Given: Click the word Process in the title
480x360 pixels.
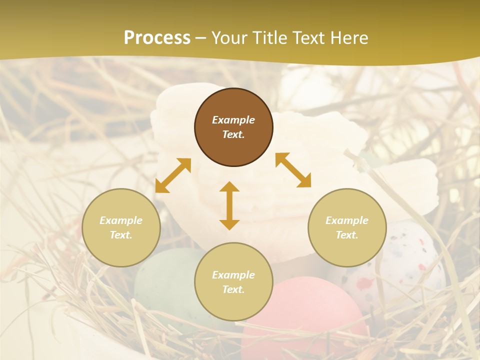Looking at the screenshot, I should [157, 38].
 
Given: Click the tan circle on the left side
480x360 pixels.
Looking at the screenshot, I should [121, 227].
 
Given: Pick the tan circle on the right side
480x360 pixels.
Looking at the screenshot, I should [347, 227].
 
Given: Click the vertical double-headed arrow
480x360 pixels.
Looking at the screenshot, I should [229, 205].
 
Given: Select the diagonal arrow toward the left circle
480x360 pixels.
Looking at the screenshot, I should [173, 175].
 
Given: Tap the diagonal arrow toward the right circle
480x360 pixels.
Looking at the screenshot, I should [293, 170].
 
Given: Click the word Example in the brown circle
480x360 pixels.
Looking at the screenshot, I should [233, 120].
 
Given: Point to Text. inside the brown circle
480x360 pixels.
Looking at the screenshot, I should [233, 134].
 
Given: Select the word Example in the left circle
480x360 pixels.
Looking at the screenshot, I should [121, 220].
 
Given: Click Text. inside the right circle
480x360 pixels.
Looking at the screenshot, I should [347, 235].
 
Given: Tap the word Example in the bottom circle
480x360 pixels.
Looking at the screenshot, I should [233, 275].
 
